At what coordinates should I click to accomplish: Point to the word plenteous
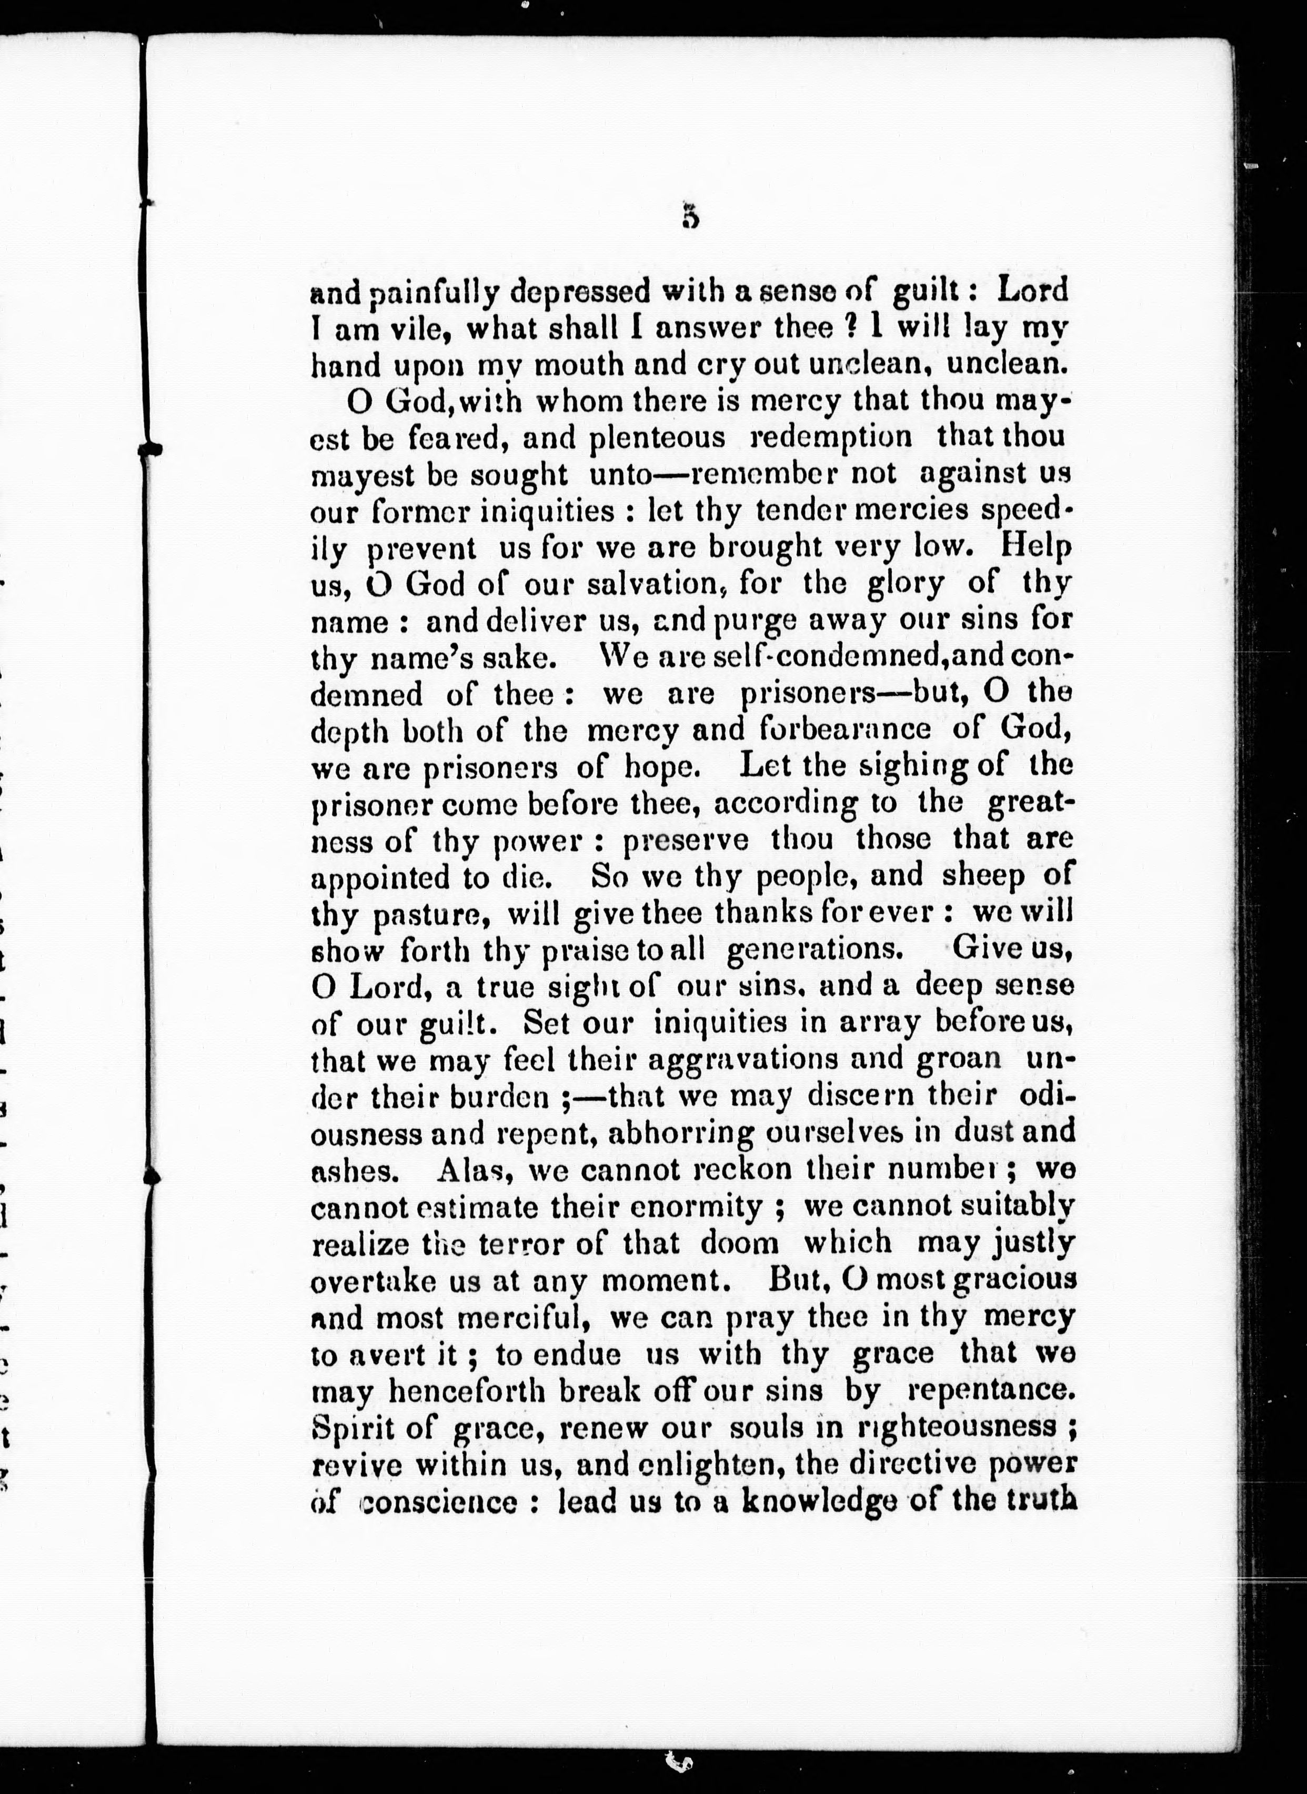tap(658, 437)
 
